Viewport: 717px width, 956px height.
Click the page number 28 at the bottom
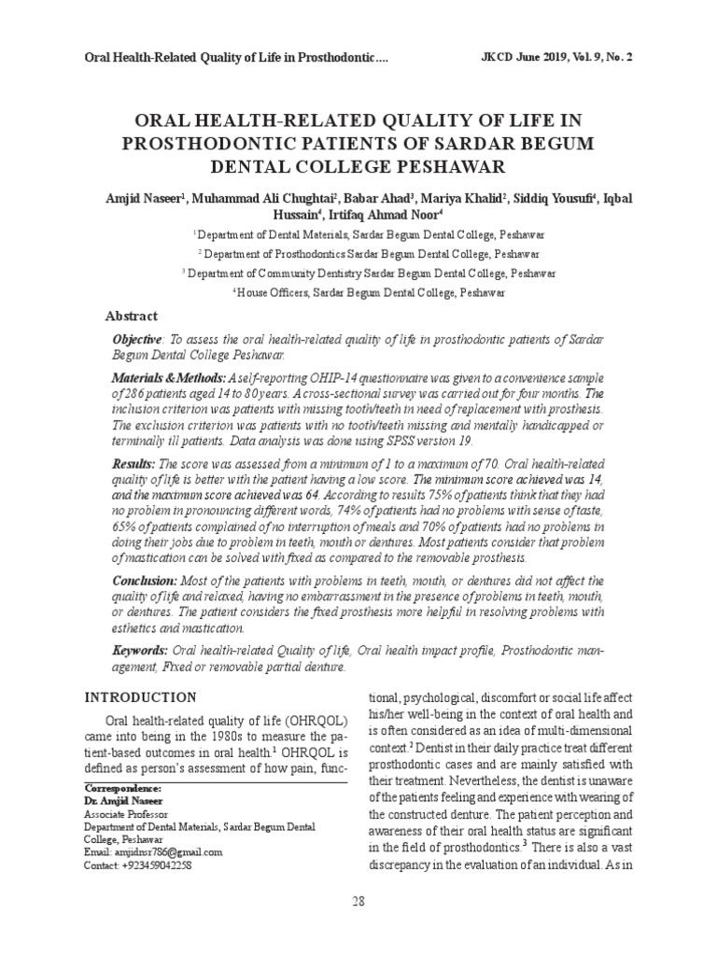(x=358, y=900)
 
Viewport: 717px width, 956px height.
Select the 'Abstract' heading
(x=132, y=316)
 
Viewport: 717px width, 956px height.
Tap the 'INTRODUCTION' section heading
(x=141, y=697)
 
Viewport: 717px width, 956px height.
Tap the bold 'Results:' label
(x=134, y=464)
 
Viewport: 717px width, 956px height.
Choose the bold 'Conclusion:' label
(x=145, y=580)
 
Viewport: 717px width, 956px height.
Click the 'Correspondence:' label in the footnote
(x=122, y=788)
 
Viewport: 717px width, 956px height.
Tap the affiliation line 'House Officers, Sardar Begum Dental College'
(x=371, y=292)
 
